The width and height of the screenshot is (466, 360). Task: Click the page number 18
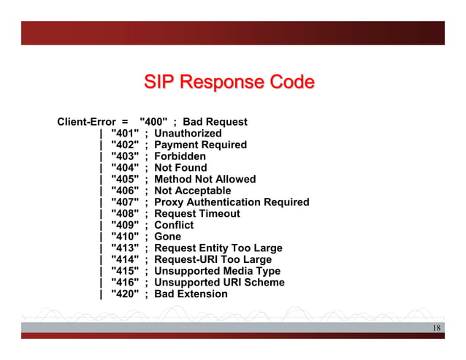pyautogui.click(x=435, y=328)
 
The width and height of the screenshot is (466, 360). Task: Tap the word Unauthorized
pyautogui.click(x=188, y=134)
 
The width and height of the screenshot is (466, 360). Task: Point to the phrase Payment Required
pyautogui.click(x=200, y=145)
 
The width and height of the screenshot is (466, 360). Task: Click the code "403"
pyautogui.click(x=125, y=156)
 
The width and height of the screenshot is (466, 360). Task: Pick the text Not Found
pyautogui.click(x=180, y=167)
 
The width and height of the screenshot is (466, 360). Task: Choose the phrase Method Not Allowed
pyautogui.click(x=205, y=179)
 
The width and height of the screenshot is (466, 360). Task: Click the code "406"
pyautogui.click(x=125, y=191)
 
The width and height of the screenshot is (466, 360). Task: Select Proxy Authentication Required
pyautogui.click(x=232, y=202)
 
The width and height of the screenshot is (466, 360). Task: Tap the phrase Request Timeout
pyautogui.click(x=196, y=213)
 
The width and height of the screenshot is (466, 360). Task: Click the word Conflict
pyautogui.click(x=174, y=225)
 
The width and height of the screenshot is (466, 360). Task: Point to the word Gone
pyautogui.click(x=168, y=237)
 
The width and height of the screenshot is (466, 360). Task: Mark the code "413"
pyautogui.click(x=125, y=248)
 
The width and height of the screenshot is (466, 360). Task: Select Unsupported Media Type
pyautogui.click(x=217, y=271)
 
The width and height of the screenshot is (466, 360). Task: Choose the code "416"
pyautogui.click(x=125, y=283)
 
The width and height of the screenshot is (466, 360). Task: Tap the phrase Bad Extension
pyautogui.click(x=191, y=294)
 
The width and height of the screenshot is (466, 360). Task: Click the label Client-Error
pyautogui.click(x=84, y=122)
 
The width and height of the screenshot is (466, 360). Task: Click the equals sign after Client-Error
pyautogui.click(x=125, y=122)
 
